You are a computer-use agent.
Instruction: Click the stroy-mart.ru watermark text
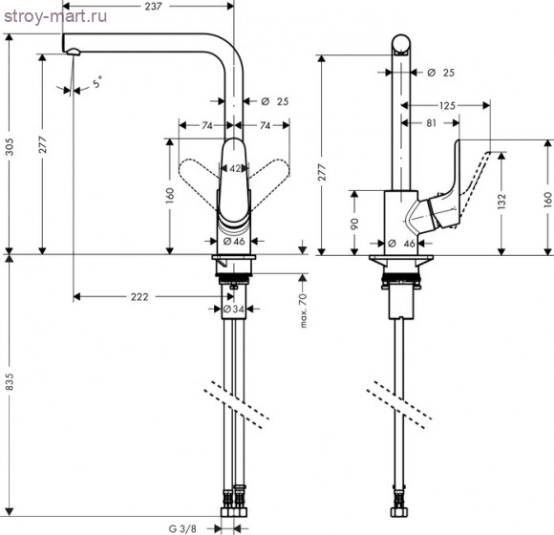(x=55, y=16)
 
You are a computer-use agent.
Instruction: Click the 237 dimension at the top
(x=154, y=6)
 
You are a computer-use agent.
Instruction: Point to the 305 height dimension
(x=10, y=147)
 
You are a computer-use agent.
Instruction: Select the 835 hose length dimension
(x=10, y=381)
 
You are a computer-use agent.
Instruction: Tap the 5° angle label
(x=97, y=82)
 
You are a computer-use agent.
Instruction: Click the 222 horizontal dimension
(x=139, y=297)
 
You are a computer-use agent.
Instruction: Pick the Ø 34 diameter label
(x=234, y=310)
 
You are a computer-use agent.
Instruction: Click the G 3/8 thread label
(x=182, y=528)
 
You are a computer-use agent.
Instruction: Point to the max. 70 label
(x=303, y=310)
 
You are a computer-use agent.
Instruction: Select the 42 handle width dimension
(x=235, y=169)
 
